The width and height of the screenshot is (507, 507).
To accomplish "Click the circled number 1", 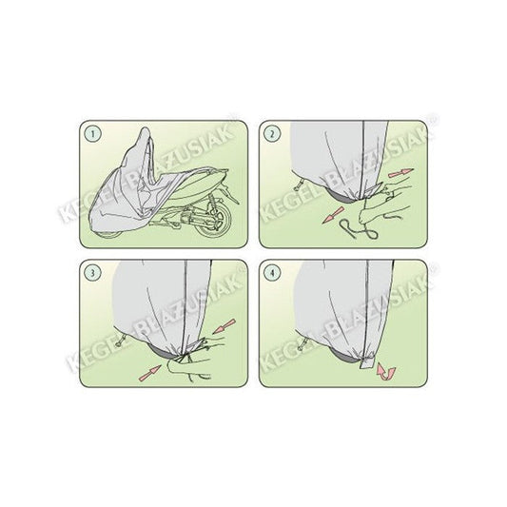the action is (93, 134).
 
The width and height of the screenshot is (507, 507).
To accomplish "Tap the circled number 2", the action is (272, 134).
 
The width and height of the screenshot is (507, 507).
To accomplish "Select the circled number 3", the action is (93, 273).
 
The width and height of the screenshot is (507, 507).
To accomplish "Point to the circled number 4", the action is (272, 273).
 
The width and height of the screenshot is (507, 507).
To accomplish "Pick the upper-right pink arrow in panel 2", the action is (401, 173).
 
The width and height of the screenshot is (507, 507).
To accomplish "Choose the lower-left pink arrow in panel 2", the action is (333, 215).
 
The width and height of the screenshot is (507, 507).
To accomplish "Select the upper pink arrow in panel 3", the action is (224, 326).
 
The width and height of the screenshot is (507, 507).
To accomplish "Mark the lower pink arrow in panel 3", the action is (149, 373).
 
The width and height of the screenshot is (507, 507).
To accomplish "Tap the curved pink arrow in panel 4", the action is (385, 373).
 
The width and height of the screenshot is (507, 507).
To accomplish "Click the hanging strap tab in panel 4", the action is (366, 363).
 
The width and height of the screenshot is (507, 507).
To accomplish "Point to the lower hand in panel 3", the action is (187, 369).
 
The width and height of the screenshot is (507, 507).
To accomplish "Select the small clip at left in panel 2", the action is (299, 185).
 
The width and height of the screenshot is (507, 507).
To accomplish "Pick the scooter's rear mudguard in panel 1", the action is (227, 195).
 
